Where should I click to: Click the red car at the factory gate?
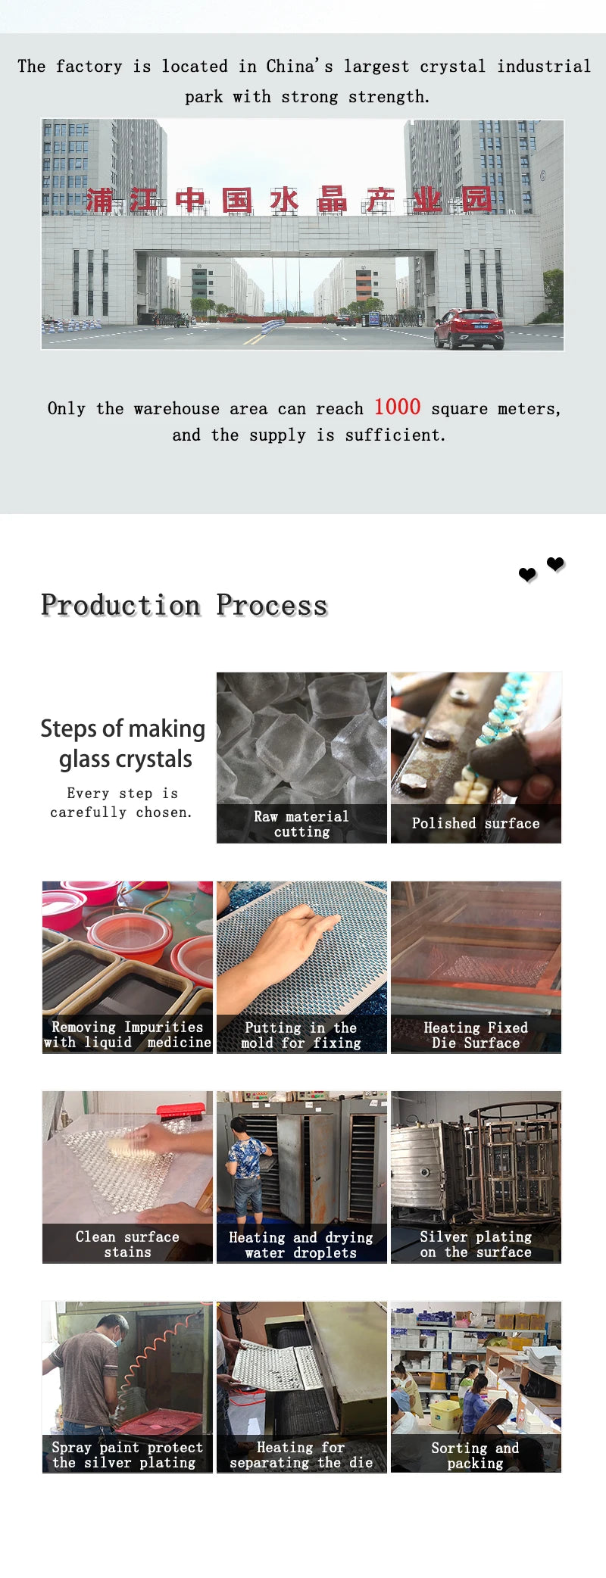click(x=469, y=329)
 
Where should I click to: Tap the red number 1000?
click(x=397, y=407)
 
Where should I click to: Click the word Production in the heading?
click(x=121, y=605)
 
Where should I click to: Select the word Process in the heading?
click(x=272, y=605)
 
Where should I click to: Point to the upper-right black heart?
click(x=555, y=564)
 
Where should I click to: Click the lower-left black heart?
click(x=528, y=575)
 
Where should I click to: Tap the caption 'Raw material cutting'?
click(x=301, y=824)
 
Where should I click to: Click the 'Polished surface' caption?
click(x=476, y=823)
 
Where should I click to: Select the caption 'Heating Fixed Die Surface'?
click(x=476, y=1035)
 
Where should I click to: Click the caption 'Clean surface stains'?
click(x=127, y=1244)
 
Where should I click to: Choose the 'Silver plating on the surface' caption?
click(x=476, y=1244)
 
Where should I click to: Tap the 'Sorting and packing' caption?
click(x=475, y=1455)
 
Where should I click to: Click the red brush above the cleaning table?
click(x=183, y=1112)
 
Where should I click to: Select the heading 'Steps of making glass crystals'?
click(x=123, y=744)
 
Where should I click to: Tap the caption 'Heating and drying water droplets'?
click(x=301, y=1245)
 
